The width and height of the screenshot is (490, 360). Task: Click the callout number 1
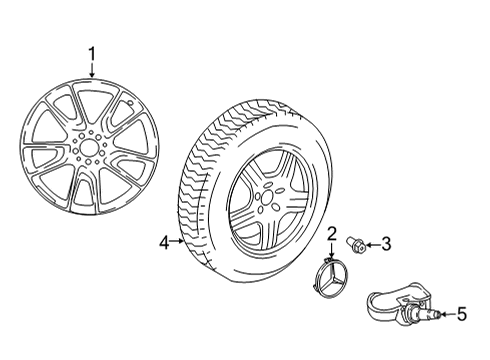tap(92, 54)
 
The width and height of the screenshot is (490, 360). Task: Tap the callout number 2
tap(331, 234)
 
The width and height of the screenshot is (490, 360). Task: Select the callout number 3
tap(386, 244)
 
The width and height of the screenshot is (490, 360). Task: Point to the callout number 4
tap(164, 243)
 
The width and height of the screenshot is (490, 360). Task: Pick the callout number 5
tap(461, 314)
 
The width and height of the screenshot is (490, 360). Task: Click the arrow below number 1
tap(92, 71)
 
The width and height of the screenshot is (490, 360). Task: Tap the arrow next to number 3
tap(372, 246)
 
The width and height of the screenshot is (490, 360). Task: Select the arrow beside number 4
tap(177, 241)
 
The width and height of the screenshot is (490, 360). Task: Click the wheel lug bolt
tap(356, 246)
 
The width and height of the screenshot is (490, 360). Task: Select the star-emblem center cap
tap(331, 275)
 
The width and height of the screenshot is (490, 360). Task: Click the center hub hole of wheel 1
tap(88, 148)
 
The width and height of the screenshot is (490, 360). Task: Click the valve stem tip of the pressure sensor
tap(438, 314)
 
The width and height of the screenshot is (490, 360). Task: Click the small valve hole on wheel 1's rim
tap(131, 103)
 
